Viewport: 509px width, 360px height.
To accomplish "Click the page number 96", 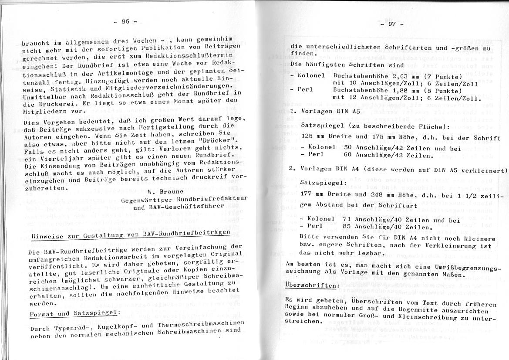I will [x=125, y=21].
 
